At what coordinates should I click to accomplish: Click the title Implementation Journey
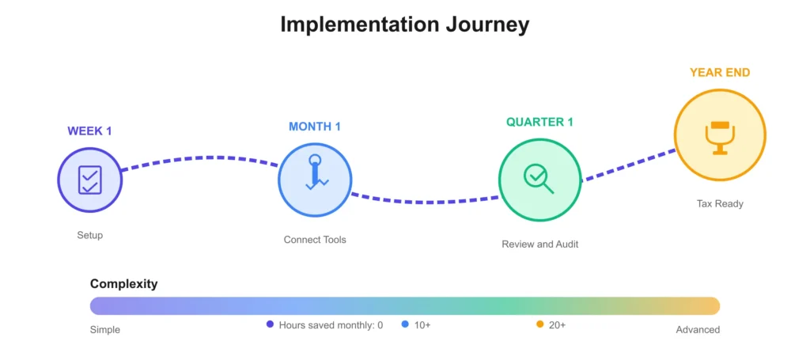(x=404, y=25)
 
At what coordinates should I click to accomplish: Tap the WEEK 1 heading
(x=89, y=131)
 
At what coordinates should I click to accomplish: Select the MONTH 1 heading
(x=315, y=127)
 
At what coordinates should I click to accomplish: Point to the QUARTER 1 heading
(x=539, y=123)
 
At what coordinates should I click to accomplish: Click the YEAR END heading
(x=720, y=73)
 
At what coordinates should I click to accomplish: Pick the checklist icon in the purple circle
(x=90, y=180)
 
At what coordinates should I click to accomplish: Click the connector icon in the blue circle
(x=315, y=172)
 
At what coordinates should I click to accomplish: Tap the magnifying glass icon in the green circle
(x=539, y=179)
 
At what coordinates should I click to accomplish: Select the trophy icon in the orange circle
(x=719, y=136)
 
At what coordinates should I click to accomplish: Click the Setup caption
(x=90, y=236)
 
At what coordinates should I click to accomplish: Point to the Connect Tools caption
(x=315, y=240)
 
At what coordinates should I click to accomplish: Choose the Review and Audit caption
(x=539, y=244)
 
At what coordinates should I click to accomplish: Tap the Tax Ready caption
(x=720, y=204)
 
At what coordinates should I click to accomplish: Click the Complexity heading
(x=123, y=283)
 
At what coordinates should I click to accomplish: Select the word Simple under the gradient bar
(x=105, y=329)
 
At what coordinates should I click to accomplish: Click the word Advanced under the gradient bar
(x=698, y=329)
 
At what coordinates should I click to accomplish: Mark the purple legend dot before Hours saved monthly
(x=270, y=324)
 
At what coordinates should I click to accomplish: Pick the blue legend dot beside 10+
(x=405, y=324)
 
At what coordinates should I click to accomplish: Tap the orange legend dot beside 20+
(x=539, y=324)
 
